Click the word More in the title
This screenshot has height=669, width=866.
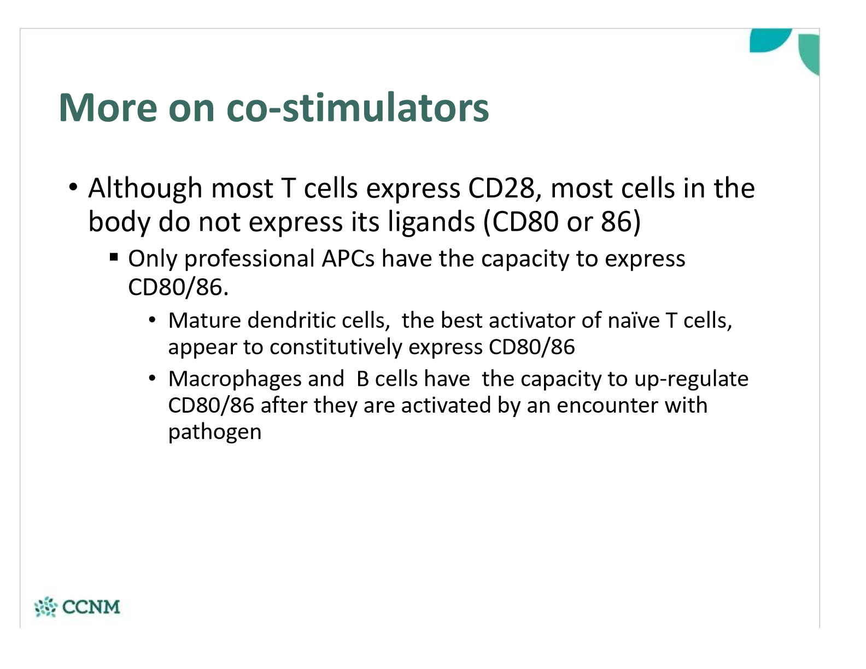[x=108, y=108]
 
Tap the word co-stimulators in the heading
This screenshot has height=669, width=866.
[x=358, y=108]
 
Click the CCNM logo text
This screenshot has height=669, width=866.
[x=91, y=607]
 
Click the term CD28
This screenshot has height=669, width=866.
[x=501, y=189]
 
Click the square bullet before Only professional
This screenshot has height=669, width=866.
[x=114, y=257]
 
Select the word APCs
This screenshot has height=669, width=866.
[x=348, y=259]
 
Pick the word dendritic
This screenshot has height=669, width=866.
[x=291, y=321]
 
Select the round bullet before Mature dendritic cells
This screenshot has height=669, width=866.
[x=153, y=320]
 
